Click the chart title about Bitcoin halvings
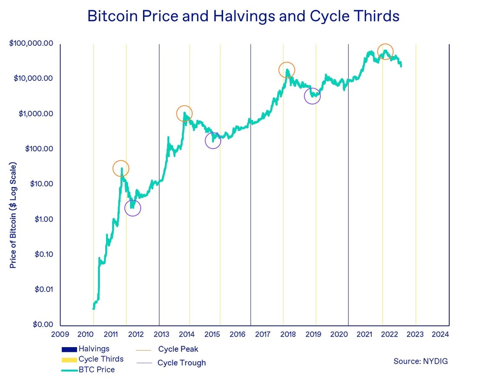click(243, 16)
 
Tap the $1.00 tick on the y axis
click(43, 219)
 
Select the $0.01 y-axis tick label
click(43, 289)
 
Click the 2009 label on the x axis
click(60, 334)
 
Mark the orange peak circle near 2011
click(121, 168)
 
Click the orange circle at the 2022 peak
click(385, 51)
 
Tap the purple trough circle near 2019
click(312, 96)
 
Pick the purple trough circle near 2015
click(213, 140)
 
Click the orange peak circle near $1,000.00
click(184, 113)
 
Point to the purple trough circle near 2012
click(133, 208)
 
